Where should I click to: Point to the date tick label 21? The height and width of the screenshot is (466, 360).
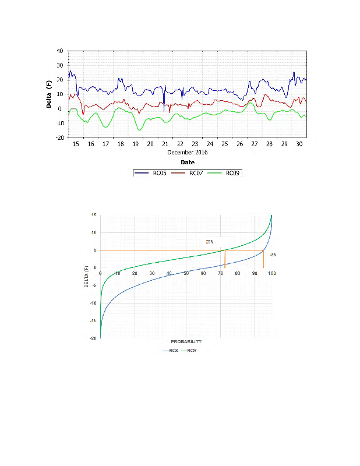[165, 144]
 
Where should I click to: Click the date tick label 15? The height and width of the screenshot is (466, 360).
[76, 144]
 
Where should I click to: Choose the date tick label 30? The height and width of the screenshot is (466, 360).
[299, 144]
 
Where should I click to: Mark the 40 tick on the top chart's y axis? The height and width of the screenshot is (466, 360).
[60, 51]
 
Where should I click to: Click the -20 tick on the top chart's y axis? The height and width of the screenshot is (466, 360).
[59, 138]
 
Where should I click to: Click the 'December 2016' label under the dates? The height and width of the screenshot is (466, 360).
[188, 152]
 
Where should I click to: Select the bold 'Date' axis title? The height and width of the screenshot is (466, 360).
[188, 162]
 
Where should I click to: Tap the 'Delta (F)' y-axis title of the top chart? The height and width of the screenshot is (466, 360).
[50, 94]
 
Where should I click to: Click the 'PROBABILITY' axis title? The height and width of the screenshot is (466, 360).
[186, 341]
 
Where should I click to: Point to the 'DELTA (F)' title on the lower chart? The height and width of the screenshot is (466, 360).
[87, 277]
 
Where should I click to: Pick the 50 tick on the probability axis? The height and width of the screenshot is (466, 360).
[186, 273]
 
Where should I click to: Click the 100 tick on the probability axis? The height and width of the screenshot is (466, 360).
[271, 273]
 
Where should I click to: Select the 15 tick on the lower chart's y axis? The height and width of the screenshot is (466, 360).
[93, 215]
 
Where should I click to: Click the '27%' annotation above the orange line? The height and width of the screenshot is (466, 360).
[210, 242]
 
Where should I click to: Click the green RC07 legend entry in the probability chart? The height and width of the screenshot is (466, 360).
[192, 351]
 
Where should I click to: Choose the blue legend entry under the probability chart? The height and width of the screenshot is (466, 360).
[173, 351]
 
